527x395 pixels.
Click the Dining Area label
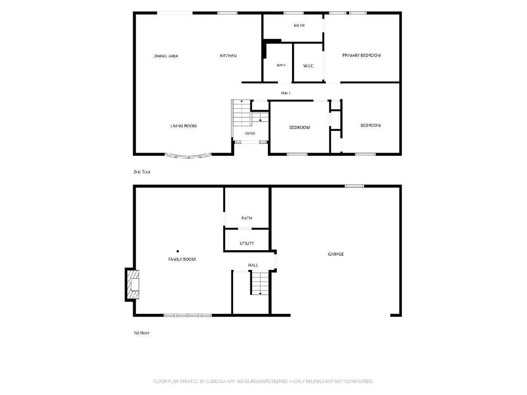(166, 56)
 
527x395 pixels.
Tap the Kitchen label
(228, 56)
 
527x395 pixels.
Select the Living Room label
(184, 126)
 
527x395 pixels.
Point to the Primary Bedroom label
(361, 55)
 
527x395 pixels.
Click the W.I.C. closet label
(309, 66)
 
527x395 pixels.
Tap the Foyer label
(250, 133)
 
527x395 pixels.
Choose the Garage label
(336, 254)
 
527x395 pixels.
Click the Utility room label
(247, 243)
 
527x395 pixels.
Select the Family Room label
(182, 259)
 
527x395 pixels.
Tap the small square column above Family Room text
(178, 251)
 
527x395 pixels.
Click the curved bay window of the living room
(188, 156)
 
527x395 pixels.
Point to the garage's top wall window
(354, 186)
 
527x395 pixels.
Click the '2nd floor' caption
(142, 172)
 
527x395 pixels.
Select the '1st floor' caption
(141, 333)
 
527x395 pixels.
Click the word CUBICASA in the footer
(216, 381)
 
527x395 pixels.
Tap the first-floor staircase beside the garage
(260, 283)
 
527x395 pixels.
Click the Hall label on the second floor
(286, 93)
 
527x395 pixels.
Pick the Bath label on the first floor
(247, 218)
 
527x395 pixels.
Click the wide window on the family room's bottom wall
(188, 316)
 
